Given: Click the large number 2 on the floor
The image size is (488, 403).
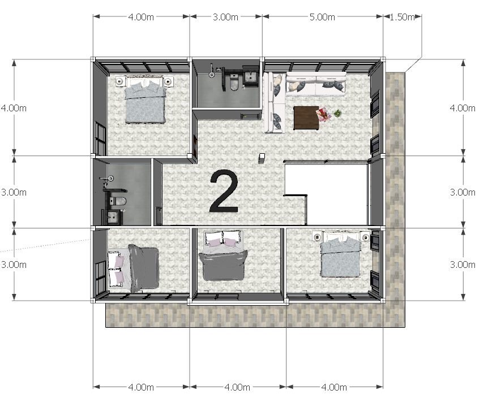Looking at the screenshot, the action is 224,192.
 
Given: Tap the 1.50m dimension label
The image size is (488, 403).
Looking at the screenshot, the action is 402,17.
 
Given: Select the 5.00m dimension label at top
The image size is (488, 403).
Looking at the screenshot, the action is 322,17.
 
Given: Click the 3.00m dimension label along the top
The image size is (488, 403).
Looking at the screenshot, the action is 226,17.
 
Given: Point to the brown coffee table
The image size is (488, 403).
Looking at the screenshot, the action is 306,118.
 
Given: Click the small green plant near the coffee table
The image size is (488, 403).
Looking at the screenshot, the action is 337,114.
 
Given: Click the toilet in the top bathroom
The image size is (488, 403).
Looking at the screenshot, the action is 234,82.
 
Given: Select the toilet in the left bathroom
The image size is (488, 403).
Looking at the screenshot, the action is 118,201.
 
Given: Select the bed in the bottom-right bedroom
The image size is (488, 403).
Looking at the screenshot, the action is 341,254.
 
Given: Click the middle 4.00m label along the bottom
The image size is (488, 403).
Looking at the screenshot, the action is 237,387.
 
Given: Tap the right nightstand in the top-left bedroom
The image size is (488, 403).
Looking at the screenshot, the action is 168,82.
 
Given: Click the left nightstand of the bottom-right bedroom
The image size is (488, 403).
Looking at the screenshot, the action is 317,237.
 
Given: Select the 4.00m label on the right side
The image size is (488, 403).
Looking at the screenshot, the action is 463,108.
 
